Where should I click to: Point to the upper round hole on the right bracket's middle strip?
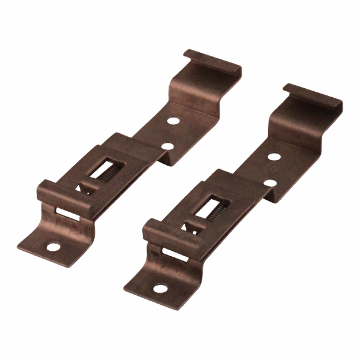[274, 155]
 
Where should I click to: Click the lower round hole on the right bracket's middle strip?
[270, 182]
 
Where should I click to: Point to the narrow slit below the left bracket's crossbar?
[67, 213]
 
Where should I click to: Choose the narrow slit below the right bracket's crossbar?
[172, 253]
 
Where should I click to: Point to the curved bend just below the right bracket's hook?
[281, 123]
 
